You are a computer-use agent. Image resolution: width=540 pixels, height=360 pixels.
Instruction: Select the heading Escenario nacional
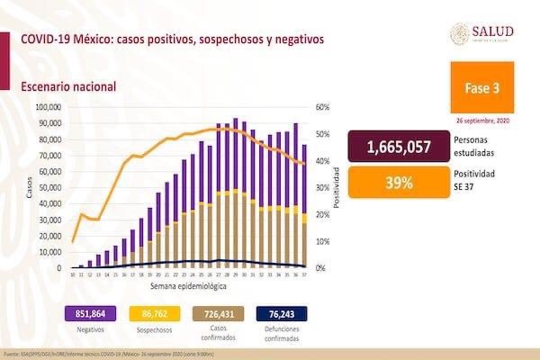(68, 86)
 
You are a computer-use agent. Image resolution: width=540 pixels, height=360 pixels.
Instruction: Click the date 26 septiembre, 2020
(484, 121)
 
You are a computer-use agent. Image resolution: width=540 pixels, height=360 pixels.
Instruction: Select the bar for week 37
(304, 206)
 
